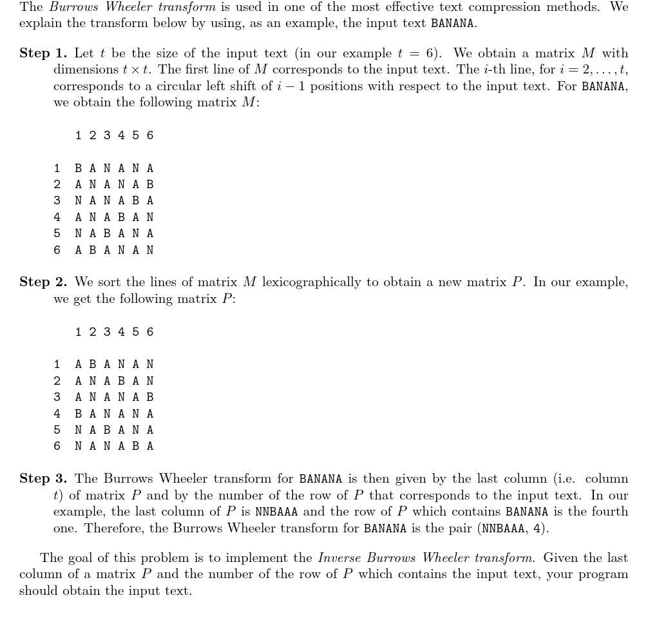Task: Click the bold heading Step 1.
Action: click(x=43, y=53)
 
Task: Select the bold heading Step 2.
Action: click(x=43, y=282)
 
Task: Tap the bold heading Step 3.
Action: click(x=43, y=479)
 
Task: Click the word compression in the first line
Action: click(x=524, y=8)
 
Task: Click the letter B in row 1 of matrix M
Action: click(x=79, y=168)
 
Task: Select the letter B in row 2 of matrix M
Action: click(x=150, y=184)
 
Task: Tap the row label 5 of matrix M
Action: click(x=57, y=233)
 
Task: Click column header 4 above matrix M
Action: click(x=121, y=135)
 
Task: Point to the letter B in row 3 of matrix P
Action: click(x=150, y=397)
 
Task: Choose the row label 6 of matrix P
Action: click(x=57, y=446)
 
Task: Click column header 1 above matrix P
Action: click(x=79, y=332)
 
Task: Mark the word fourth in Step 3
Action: click(x=611, y=512)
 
